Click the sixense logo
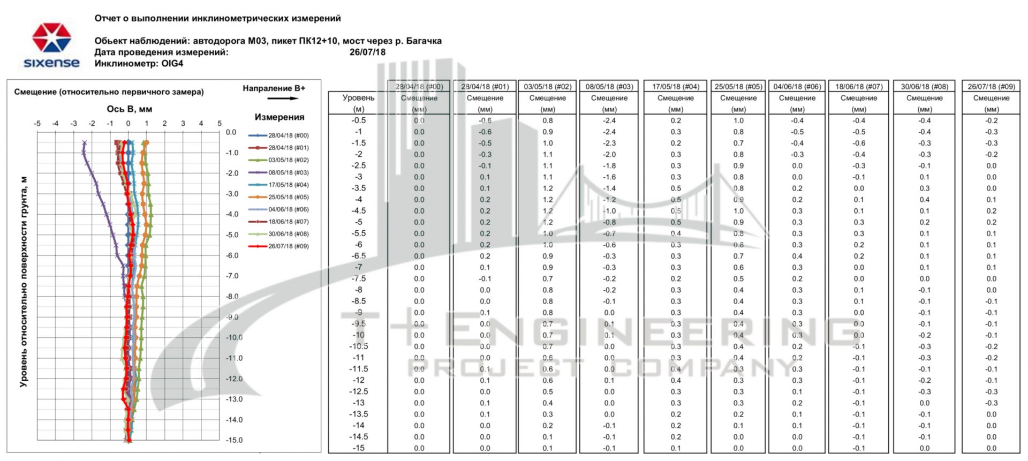click(x=51, y=46)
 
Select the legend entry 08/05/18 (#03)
click(x=288, y=172)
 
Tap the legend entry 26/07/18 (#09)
click(x=288, y=246)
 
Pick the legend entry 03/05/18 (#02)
click(x=288, y=160)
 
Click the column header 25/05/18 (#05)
click(x=738, y=86)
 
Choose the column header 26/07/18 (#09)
click(x=991, y=86)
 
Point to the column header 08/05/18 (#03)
click(x=609, y=86)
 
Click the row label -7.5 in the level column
click(x=359, y=278)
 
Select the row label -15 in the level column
click(x=359, y=448)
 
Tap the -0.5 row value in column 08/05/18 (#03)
click(x=609, y=120)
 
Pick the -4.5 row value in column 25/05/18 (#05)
click(x=738, y=211)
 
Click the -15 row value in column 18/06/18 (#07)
click(x=859, y=448)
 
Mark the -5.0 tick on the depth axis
click(x=232, y=235)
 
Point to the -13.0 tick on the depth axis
click(x=234, y=399)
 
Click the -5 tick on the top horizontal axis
click(x=37, y=124)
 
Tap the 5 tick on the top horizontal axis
click(x=220, y=124)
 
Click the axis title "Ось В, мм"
click(x=129, y=109)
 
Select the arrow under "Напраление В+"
click(x=283, y=99)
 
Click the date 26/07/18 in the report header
click(x=367, y=52)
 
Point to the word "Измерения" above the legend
click(x=279, y=117)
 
